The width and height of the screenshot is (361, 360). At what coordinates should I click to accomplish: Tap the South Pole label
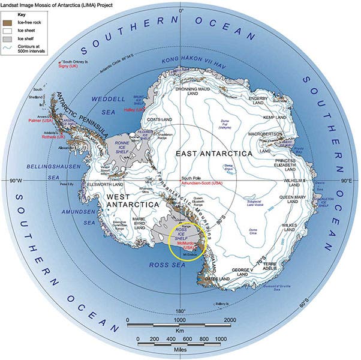point(189,178)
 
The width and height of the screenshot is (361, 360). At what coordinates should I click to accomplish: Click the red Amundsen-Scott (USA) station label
point(201,183)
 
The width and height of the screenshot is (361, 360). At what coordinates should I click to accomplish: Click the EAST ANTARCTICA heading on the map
point(213,154)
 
